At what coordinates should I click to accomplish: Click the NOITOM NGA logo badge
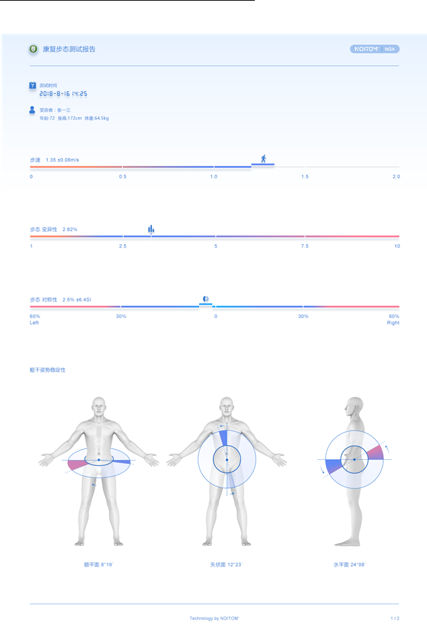pos(375,49)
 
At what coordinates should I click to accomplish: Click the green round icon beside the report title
pos(33,49)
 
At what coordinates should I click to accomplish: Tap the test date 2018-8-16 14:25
pos(63,94)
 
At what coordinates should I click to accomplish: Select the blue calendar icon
pos(32,85)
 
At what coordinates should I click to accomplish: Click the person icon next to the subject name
pos(32,110)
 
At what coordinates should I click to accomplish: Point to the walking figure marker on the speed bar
pos(263,159)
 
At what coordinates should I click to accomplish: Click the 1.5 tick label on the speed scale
pos(305,177)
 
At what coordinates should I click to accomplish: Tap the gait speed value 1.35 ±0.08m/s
pos(63,160)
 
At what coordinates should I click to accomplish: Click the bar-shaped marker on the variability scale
pos(151,230)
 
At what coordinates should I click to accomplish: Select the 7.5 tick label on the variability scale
pos(305,246)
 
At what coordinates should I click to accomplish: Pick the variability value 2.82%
pos(70,230)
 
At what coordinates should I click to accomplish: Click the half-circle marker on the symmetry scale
pos(206,299)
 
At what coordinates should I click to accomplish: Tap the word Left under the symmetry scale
pos(34,323)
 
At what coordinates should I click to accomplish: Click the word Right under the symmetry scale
pos(393,323)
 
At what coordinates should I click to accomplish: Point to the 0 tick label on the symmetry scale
pos(216,316)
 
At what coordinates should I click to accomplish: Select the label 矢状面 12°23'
pos(226,565)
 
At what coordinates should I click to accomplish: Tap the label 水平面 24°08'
pos(350,565)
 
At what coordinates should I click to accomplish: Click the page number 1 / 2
pos(395,618)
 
